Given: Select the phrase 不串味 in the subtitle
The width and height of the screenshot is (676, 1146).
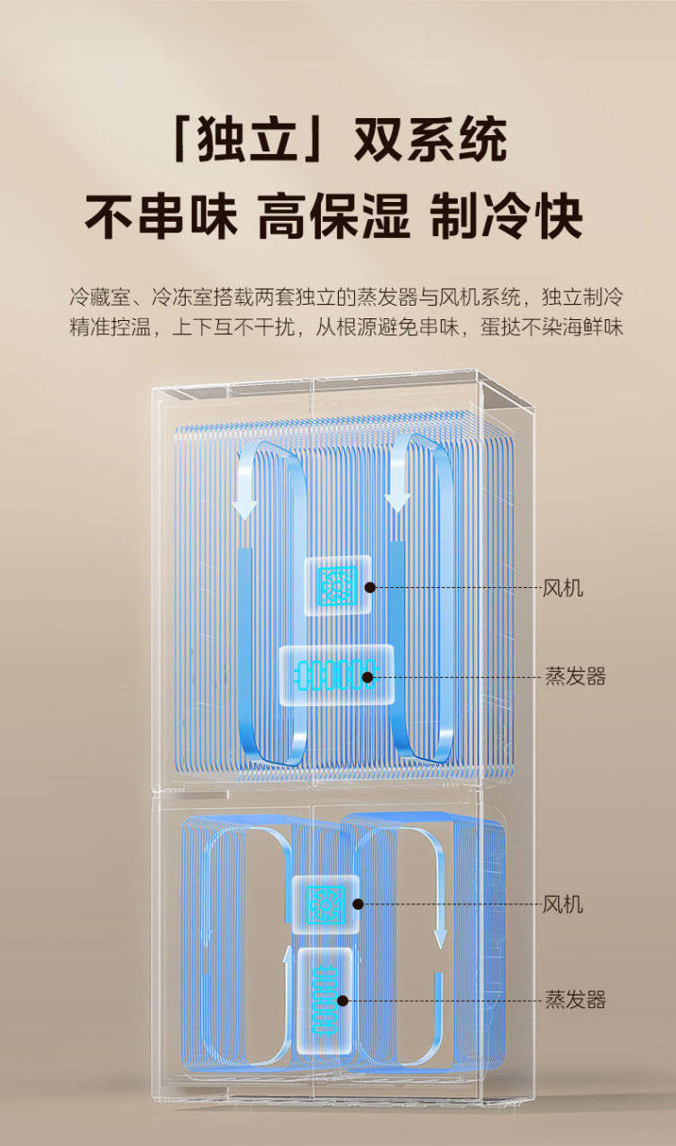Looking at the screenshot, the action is coord(161,216).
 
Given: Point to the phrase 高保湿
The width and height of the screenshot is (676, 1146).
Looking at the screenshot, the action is coord(333,216).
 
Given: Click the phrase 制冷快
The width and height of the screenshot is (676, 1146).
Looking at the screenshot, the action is coord(507,216).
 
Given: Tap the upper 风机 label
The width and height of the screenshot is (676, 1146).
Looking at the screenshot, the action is coord(562,589).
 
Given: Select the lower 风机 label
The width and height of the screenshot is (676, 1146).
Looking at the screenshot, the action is coord(562,904).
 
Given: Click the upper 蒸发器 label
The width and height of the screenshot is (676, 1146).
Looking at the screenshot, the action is coord(575,676).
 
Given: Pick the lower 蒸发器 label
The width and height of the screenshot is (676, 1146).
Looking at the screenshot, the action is coord(575,999).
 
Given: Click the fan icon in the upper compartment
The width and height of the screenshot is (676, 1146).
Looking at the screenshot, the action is coord(337,585).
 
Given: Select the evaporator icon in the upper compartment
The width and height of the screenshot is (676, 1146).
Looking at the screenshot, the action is coord(336,675).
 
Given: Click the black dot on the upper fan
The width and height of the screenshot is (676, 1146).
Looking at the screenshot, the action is coord(370,587).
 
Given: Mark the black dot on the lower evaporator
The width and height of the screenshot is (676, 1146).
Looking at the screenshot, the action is coord(343,1001).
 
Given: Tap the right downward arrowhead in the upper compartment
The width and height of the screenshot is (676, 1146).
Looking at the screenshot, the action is coord(397,501).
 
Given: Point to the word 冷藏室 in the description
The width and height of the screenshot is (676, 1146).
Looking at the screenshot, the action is coord(100,297).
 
